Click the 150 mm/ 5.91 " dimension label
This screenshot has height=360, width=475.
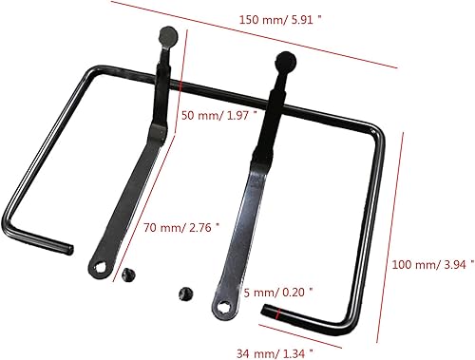pos(279,20)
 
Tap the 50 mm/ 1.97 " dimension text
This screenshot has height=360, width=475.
pos(218,115)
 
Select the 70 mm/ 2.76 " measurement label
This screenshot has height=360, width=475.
pos(181,227)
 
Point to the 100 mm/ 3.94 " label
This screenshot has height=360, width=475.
pos(433,264)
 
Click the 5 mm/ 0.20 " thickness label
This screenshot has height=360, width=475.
pos(278,292)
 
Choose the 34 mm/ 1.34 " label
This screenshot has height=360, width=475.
pos(275,353)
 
